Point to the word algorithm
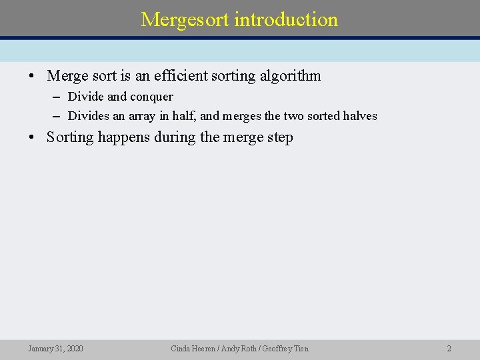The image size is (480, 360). pos(291,76)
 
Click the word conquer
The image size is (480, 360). pos(151,97)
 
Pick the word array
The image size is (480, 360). pos(141,116)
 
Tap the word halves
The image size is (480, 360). pos(360,116)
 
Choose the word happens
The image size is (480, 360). pos(124,137)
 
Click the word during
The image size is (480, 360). pos(175,137)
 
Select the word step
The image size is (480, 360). pos(279,138)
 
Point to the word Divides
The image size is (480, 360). pos(89,116)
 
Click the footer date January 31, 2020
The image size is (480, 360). pos(55,349)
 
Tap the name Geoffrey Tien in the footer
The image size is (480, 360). pos(286,349)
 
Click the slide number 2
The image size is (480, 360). pos(449,349)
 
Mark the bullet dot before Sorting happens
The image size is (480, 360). pos(31,138)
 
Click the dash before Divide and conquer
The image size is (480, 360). pos(57,97)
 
